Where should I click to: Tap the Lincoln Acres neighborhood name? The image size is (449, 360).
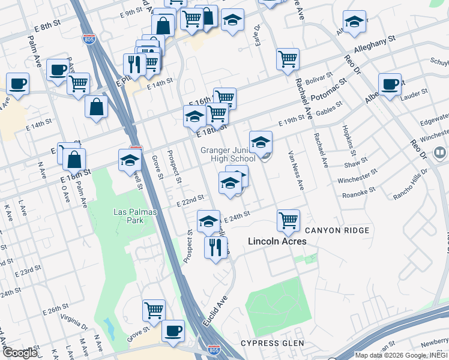click(x=277, y=241)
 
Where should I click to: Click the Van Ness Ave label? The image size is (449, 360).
click(x=296, y=170)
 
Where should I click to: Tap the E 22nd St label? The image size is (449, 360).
click(x=191, y=202)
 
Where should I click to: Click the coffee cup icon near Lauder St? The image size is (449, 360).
click(x=390, y=84)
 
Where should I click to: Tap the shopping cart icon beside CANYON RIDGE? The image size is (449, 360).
click(x=289, y=220)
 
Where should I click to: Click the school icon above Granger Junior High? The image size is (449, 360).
click(x=261, y=142)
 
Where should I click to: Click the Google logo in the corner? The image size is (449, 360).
click(x=19, y=352)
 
